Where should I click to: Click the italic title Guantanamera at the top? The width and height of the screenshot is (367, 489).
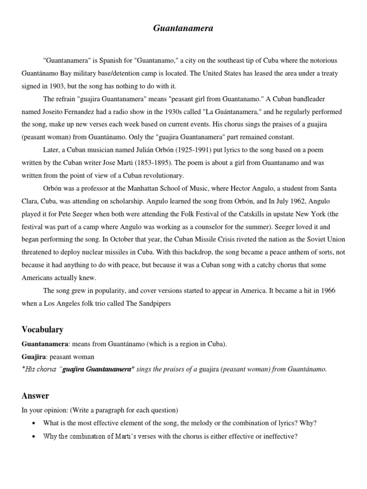183,29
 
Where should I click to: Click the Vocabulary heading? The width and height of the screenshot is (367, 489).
43,330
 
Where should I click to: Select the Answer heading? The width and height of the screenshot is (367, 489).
35,395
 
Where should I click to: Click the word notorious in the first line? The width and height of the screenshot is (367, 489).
321,61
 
